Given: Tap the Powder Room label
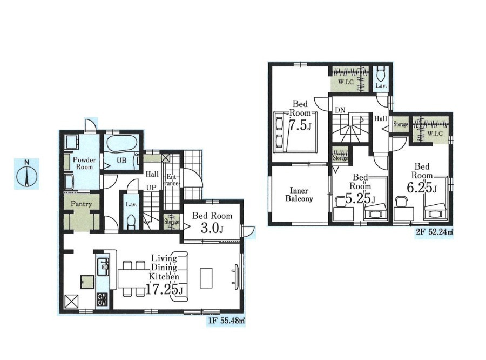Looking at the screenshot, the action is tap(84, 163).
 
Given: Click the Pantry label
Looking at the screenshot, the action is tap(81, 204).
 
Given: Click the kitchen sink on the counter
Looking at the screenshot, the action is tap(103, 266).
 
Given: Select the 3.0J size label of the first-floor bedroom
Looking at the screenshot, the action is tap(212, 229).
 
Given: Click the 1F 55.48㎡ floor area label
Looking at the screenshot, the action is tap(226, 321).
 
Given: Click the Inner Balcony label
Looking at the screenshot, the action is tap(299, 195).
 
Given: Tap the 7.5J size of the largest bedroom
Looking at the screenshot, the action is tap(300, 125).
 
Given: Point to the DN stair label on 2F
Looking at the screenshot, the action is tap(340, 110).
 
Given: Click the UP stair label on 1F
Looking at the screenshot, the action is tap(151, 188).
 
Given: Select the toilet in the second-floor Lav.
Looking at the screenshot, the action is tap(381, 74).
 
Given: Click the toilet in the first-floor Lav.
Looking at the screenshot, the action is tap(131, 221).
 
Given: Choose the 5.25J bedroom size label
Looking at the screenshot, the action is tap(360, 198).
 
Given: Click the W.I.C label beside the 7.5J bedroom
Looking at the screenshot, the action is tap(346, 82).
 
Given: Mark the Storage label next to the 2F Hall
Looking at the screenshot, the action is tap(401, 124).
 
